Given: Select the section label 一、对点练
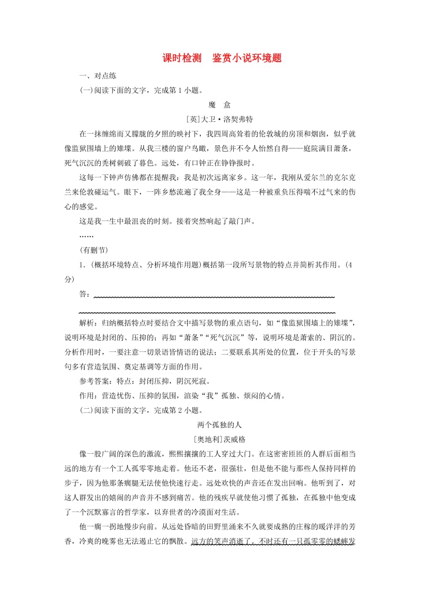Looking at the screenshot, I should pyautogui.click(x=94, y=76).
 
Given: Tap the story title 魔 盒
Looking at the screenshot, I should pyautogui.click(x=212, y=104).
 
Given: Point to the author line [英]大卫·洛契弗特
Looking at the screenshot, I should pyautogui.click(x=212, y=119).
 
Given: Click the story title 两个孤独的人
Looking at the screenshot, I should pyautogui.click(x=212, y=425).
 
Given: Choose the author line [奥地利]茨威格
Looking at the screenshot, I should pyautogui.click(x=212, y=439).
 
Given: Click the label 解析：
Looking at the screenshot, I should pyautogui.click(x=90, y=323).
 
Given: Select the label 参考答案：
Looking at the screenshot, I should pyautogui.click(x=97, y=381).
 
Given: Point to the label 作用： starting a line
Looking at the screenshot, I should pyautogui.click(x=90, y=395).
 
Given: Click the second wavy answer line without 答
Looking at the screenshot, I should pyautogui.click(x=207, y=313).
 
